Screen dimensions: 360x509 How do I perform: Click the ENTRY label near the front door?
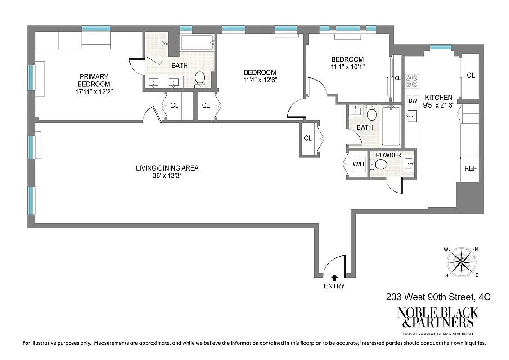pyautogui.click(x=334, y=286)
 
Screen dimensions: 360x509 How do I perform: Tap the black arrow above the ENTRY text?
pyautogui.click(x=334, y=278)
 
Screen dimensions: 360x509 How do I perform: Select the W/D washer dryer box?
pyautogui.click(x=358, y=164)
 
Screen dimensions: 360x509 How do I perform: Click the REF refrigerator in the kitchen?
pyautogui.click(x=470, y=168)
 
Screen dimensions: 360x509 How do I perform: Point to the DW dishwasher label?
pyautogui.click(x=412, y=101)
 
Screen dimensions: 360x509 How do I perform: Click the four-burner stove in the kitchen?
pyautogui.click(x=411, y=81)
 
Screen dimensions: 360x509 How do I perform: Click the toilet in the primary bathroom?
pyautogui.click(x=199, y=79)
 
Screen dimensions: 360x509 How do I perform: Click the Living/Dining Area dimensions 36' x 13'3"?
pyautogui.click(x=167, y=176)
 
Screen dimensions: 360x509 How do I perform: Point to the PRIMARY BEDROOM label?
pyautogui.click(x=94, y=80)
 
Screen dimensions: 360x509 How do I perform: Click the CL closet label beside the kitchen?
pyautogui.click(x=470, y=76)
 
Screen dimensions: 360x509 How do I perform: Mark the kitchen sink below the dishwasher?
pyautogui.click(x=411, y=116)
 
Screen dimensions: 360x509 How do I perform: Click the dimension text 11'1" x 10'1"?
pyautogui.click(x=347, y=67)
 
